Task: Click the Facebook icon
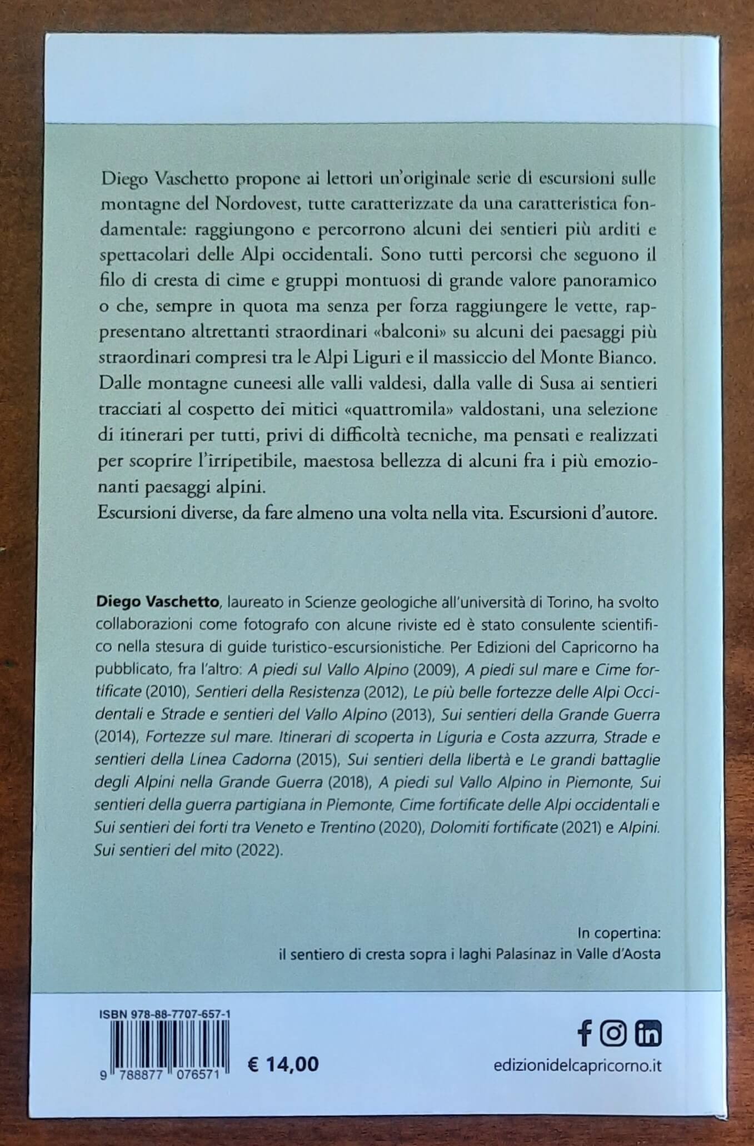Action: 583,1033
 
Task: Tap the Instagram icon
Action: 613,1033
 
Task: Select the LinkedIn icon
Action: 647,1033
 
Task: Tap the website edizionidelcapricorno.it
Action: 577,1066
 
